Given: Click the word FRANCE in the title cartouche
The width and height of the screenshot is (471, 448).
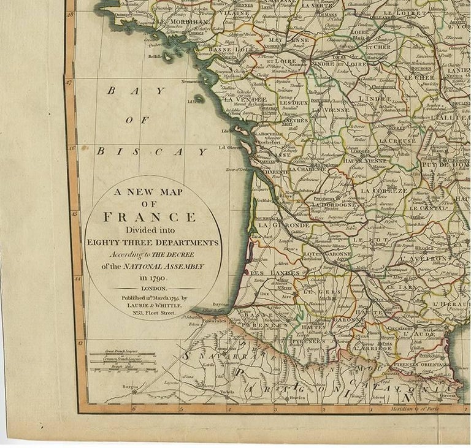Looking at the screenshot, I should coord(150,217).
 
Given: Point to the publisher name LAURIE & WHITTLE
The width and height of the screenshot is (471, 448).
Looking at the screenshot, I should coord(151,305).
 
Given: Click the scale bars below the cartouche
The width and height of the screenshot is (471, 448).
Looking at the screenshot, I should coord(122,361).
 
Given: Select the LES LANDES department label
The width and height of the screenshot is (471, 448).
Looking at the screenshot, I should coord(276,272).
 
